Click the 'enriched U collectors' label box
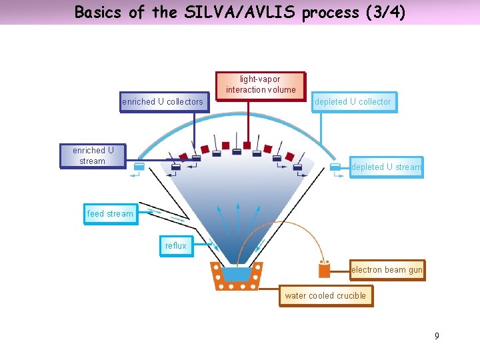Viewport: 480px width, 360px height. [x=163, y=102]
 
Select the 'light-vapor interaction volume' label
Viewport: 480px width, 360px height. [x=261, y=85]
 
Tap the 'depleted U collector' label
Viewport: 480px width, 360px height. [x=353, y=102]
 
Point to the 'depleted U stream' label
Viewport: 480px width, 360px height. [x=386, y=167]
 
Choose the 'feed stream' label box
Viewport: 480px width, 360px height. [x=110, y=214]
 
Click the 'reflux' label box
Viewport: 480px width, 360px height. [x=176, y=246]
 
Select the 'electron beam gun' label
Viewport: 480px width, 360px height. [x=387, y=270]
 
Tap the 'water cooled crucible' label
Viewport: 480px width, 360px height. [x=325, y=295]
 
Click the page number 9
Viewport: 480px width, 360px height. [x=437, y=336]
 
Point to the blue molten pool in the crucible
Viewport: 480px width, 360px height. [x=235, y=274]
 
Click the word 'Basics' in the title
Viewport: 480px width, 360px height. [x=98, y=12]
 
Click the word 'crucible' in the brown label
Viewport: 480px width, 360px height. [x=351, y=295]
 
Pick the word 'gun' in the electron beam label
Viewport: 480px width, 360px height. [x=414, y=270]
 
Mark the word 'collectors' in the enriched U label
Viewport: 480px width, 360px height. [x=185, y=102]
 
